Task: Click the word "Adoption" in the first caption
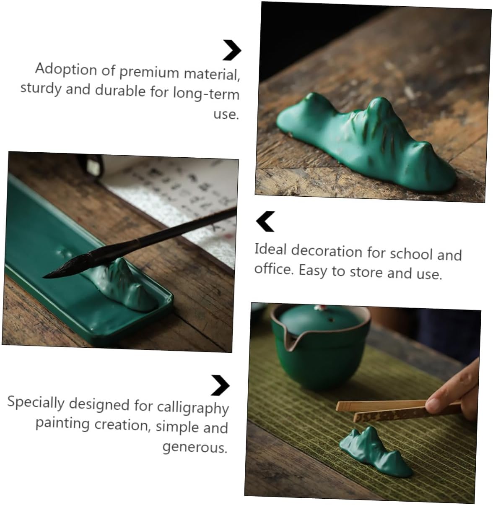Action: (66, 69)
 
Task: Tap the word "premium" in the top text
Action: (149, 72)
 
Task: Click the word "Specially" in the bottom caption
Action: (36, 403)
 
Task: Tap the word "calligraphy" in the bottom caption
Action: (192, 408)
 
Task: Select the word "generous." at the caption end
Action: (195, 447)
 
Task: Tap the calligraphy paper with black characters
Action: (182, 203)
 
